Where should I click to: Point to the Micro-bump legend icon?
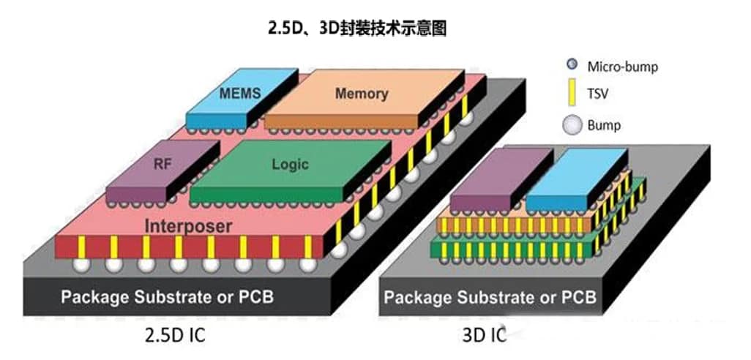pyautogui.click(x=572, y=66)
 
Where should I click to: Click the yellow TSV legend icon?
pyautogui.click(x=572, y=94)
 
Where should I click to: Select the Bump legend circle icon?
pyautogui.click(x=572, y=125)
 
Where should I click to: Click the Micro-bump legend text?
pyautogui.click(x=622, y=67)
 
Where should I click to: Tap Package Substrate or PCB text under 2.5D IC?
pyautogui.click(x=169, y=297)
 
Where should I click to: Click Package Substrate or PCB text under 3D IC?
pyautogui.click(x=490, y=297)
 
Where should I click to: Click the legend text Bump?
pyautogui.click(x=604, y=125)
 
